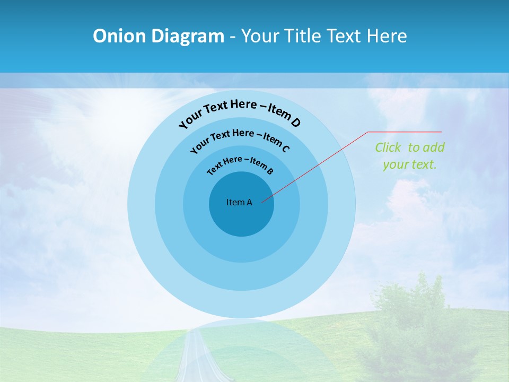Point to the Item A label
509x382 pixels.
(239, 202)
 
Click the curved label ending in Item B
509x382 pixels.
(241, 164)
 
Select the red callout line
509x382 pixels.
(318, 164)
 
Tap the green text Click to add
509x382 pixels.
(410, 147)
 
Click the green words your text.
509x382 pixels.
(410, 164)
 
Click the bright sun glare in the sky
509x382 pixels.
(106, 106)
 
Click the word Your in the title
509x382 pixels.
(261, 36)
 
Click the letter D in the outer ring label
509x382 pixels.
(296, 123)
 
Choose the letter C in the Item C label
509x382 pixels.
(286, 149)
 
